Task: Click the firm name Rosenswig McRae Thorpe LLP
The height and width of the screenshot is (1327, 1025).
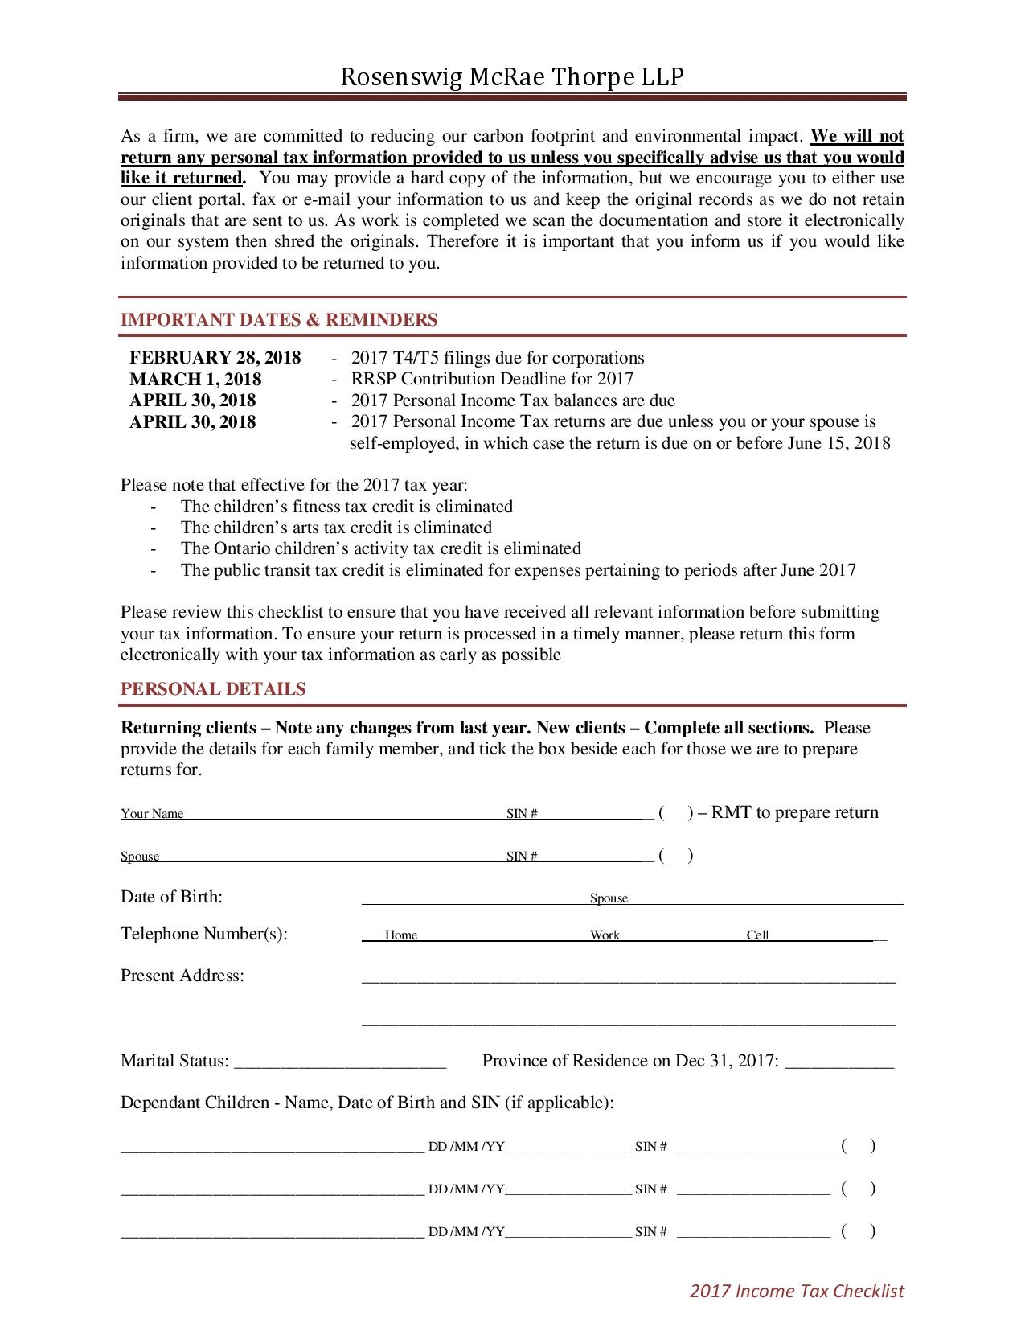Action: coord(512,77)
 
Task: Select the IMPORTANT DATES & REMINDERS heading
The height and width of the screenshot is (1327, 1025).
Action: coord(279,320)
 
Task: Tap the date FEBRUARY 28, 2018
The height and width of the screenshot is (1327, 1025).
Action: coord(215,358)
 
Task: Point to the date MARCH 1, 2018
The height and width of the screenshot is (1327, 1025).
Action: coord(195,379)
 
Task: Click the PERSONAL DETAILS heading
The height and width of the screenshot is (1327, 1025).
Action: coord(213,689)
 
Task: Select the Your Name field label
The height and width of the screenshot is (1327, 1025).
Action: coord(152,814)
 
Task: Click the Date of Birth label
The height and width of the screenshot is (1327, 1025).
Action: coord(171,898)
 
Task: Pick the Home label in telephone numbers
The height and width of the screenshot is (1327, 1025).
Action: coord(401,935)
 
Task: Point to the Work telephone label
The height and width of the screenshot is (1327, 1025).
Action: coord(605,935)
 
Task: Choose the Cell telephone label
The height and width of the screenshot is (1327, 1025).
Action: coord(757,935)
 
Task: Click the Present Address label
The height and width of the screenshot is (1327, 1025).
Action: coord(182,976)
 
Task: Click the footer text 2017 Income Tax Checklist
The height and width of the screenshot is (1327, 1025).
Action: coord(797,1292)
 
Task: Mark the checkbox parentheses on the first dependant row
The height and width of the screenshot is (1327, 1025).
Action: coord(858,1146)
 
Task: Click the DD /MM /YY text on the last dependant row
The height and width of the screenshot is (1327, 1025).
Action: coord(466,1232)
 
